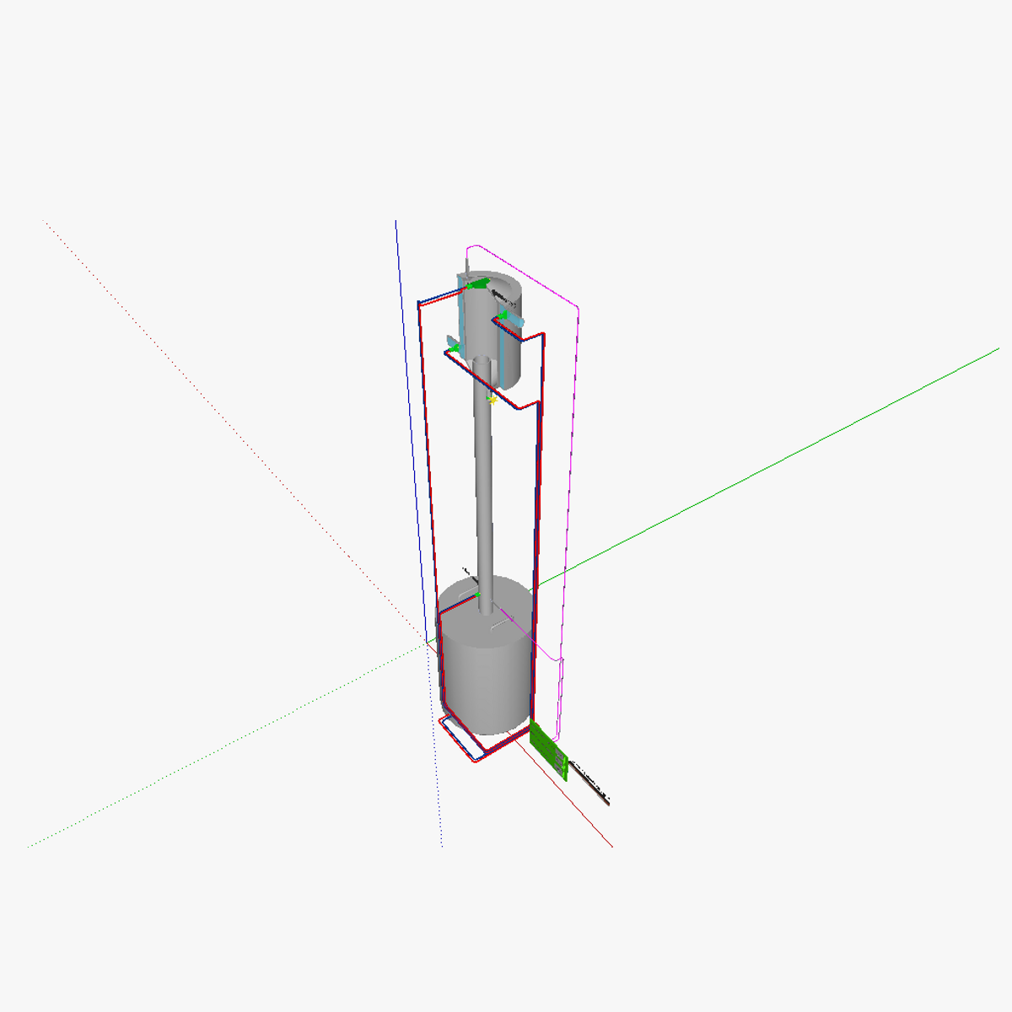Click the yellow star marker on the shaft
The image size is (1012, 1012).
point(492,400)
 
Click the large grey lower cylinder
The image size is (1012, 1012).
point(484,675)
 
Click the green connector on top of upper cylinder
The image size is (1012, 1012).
point(478,285)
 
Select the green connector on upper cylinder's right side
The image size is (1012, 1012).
point(503,315)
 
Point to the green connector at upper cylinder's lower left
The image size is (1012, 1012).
point(455,347)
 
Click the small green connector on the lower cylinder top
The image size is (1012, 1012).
point(477,595)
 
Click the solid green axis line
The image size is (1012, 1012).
point(759,464)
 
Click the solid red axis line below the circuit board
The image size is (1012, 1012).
point(590,823)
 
